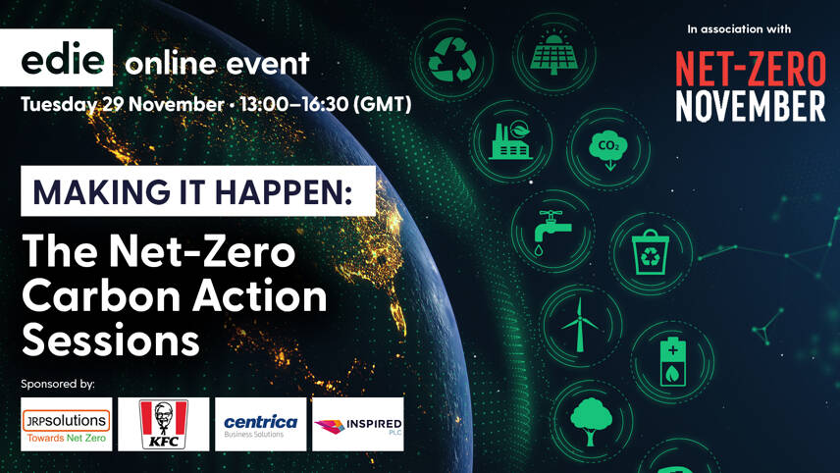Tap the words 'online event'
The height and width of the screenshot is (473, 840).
(217, 64)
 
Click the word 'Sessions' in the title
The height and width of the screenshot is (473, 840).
(111, 341)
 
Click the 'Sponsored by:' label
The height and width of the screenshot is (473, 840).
(65, 383)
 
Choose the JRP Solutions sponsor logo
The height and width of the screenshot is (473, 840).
(66, 424)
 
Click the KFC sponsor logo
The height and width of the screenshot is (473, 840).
(163, 424)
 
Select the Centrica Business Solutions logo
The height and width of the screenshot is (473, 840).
(260, 424)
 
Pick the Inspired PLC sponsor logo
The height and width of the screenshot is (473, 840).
(357, 424)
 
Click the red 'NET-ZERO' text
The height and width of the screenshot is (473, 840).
(750, 68)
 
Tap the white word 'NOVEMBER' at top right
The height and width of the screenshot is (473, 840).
(750, 106)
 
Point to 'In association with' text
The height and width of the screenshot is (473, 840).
(739, 28)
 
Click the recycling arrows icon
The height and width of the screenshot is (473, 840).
(452, 60)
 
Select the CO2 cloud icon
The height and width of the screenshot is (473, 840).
(606, 148)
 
